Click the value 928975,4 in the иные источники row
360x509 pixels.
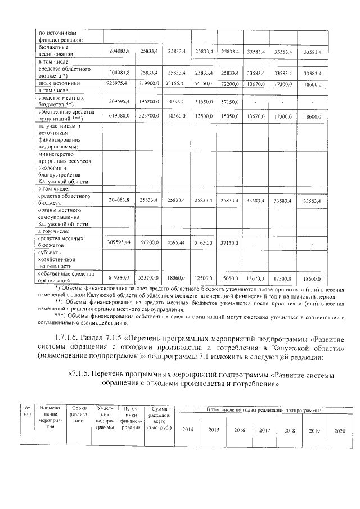(119, 83)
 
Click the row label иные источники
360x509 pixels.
(57, 83)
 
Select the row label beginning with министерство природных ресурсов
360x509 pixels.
(63, 167)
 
